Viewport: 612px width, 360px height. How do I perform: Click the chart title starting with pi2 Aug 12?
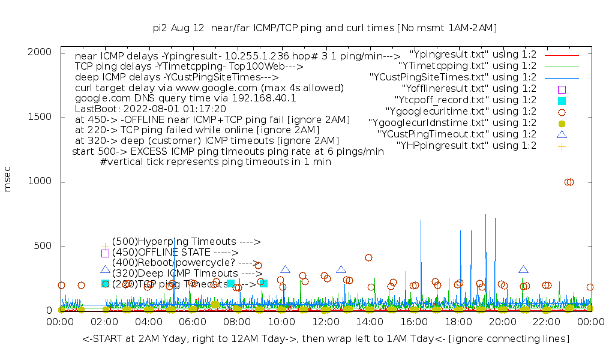click(325, 28)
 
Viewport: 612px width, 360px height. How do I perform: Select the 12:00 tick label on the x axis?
click(325, 322)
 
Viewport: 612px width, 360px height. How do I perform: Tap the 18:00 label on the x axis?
click(458, 322)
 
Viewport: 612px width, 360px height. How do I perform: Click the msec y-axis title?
click(8, 181)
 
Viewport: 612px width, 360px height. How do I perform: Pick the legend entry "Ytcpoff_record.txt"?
click(465, 100)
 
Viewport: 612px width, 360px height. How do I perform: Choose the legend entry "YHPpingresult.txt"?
click(466, 145)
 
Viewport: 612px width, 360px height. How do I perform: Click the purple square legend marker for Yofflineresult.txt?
click(562, 89)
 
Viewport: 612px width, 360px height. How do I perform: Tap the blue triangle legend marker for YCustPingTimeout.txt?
click(562, 134)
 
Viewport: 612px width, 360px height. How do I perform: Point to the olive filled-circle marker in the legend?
click(562, 123)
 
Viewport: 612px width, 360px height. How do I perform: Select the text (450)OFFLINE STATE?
click(175, 253)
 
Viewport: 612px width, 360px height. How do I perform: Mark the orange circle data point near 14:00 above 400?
click(368, 257)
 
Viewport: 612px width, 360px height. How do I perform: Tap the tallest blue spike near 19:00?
click(485, 215)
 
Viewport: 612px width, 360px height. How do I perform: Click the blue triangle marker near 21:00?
click(523, 270)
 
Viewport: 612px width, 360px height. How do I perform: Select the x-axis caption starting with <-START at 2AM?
click(326, 340)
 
